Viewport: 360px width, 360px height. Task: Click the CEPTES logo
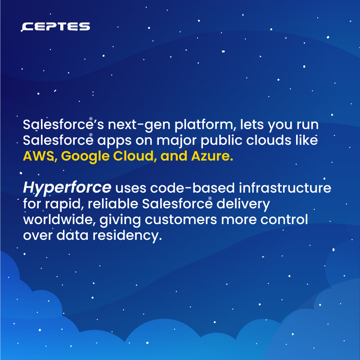[56, 27]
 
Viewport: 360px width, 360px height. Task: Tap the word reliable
[114, 204]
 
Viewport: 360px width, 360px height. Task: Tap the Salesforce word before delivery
[176, 204]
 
